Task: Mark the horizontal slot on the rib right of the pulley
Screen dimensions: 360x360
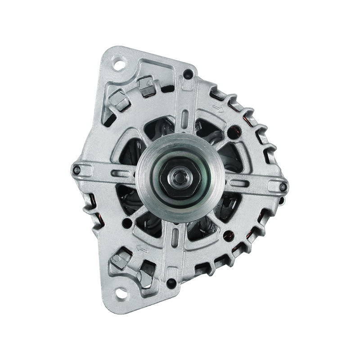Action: tap(243, 181)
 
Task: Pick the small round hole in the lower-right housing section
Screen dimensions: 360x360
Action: tap(228, 234)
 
